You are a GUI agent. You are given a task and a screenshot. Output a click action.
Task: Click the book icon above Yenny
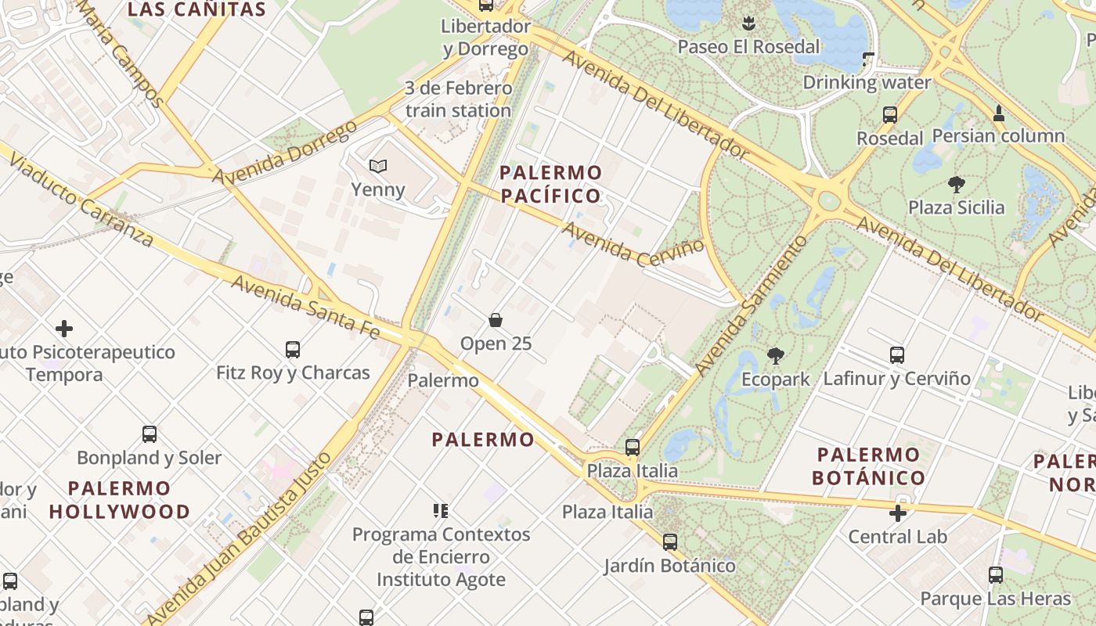point(378,166)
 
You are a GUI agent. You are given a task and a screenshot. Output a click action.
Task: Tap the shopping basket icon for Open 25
point(496,320)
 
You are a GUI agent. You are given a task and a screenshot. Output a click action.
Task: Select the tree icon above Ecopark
point(776,356)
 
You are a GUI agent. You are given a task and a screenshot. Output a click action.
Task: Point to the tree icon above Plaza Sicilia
point(956,185)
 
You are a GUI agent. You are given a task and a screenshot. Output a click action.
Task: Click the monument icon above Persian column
point(998,113)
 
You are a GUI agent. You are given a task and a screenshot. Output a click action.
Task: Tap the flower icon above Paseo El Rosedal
point(748,23)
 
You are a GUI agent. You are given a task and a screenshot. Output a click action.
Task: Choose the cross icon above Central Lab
point(898,513)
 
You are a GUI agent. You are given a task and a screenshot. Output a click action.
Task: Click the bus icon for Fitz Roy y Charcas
point(293,350)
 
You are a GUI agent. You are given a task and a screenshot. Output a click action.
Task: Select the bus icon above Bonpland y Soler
point(150,434)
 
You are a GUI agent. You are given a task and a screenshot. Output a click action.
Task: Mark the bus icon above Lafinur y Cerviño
point(897,355)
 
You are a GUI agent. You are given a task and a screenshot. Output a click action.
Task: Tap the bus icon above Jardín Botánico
point(669,541)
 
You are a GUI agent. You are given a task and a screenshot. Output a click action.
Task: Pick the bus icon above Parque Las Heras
point(995,575)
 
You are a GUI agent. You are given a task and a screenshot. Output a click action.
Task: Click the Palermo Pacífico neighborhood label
point(551,184)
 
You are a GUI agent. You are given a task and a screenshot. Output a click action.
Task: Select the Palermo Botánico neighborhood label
point(868,466)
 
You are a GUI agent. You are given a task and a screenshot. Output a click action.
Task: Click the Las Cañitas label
point(196,10)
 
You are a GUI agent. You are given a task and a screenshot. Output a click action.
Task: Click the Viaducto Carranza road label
point(82,197)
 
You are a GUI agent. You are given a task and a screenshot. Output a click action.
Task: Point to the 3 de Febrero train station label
point(458,99)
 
